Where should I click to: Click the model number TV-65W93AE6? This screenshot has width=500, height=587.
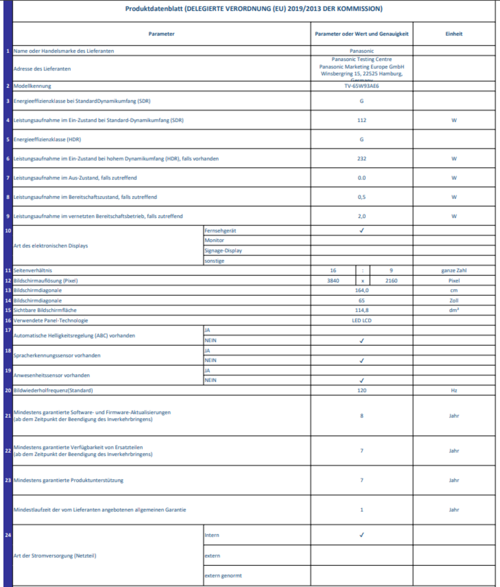click(362, 86)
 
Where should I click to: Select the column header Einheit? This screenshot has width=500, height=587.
click(454, 34)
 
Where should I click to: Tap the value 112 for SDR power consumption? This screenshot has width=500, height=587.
click(362, 120)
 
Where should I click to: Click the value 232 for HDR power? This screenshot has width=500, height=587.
click(362, 159)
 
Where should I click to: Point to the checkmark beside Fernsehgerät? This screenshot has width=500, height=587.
click(362, 230)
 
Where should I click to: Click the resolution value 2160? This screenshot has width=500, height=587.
click(391, 280)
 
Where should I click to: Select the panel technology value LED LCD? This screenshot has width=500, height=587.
click(362, 320)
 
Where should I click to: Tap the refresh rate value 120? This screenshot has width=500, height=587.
click(362, 390)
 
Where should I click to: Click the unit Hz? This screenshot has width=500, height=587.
click(454, 390)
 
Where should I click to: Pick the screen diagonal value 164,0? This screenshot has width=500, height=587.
click(362, 290)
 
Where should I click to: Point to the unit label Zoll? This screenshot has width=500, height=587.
click(454, 300)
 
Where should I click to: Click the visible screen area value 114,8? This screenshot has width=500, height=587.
click(362, 310)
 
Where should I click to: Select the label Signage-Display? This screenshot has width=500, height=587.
click(223, 250)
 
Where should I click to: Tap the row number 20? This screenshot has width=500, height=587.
click(8, 390)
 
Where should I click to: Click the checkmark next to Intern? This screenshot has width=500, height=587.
click(362, 535)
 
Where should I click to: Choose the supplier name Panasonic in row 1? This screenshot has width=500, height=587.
click(362, 51)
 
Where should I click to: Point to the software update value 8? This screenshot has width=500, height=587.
click(362, 415)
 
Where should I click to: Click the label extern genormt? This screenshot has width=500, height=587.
click(223, 575)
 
